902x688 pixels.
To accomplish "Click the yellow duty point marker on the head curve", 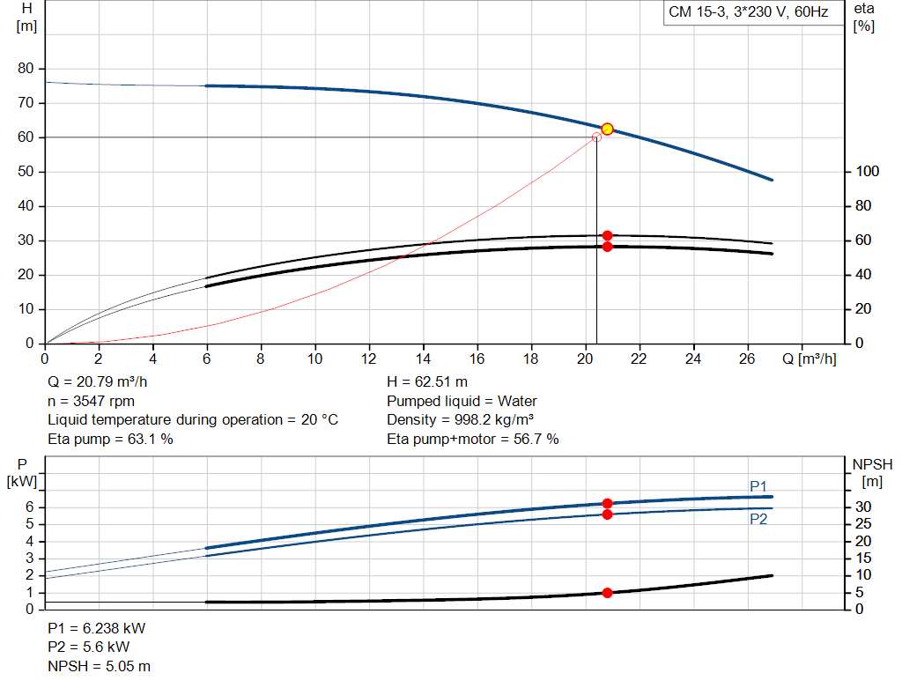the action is (608, 129).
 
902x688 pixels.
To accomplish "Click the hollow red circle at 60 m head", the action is (596, 137).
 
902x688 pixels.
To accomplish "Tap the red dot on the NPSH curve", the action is (608, 593).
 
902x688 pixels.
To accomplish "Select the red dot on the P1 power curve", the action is (608, 503).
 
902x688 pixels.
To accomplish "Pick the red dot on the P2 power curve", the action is (608, 514).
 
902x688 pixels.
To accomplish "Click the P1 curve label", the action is (758, 486).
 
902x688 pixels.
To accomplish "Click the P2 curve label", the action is (758, 519).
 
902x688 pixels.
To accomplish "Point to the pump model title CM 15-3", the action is (749, 12).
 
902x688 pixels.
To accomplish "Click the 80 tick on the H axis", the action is (26, 68).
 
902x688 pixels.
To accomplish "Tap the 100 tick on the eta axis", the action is (867, 172).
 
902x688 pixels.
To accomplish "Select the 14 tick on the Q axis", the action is (423, 359).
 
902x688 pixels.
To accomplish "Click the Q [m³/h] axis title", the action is (810, 359).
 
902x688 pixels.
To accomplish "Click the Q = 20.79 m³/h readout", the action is (98, 381).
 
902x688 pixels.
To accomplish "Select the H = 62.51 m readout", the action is (427, 381).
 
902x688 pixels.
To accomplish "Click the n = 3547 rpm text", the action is (91, 401).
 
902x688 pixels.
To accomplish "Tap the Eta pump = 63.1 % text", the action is (110, 439).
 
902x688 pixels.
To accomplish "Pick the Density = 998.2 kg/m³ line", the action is (460, 420).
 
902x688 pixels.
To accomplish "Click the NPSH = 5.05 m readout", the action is (99, 666).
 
